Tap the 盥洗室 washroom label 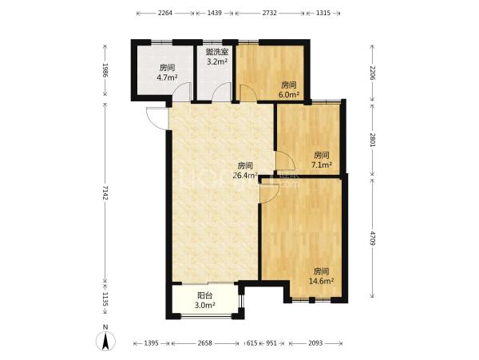[x=216, y=51]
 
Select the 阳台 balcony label [x=205, y=295]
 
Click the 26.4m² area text [x=245, y=176]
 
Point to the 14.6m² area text [x=321, y=281]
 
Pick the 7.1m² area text [x=322, y=165]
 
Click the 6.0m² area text [x=288, y=95]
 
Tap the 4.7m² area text [x=167, y=77]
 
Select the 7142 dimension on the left [x=105, y=192]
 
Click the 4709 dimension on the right [x=372, y=239]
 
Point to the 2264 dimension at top [x=165, y=13]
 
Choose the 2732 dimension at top [x=269, y=13]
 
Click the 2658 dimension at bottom [x=204, y=343]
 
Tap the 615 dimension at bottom [x=251, y=343]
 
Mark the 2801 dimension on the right [x=372, y=140]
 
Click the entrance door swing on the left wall [x=156, y=118]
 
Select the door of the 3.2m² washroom [x=221, y=92]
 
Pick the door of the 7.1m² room [x=285, y=160]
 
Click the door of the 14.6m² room [x=269, y=193]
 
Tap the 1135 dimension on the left [x=105, y=299]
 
